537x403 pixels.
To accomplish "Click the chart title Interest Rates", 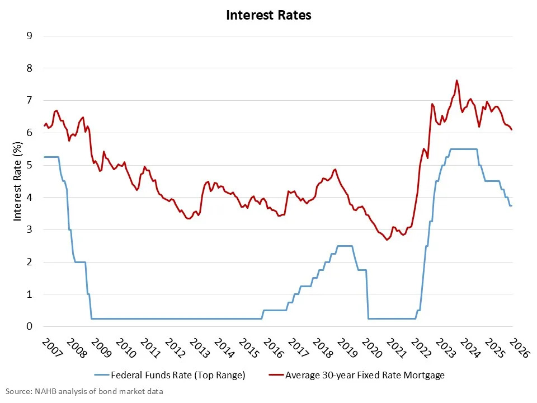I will click(x=268, y=15).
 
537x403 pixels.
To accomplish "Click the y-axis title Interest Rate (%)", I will click(x=18, y=181).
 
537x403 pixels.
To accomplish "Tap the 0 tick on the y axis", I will click(x=29, y=326).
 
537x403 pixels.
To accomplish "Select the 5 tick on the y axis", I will click(x=29, y=165).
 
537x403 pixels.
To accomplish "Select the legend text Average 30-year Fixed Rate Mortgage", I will click(x=365, y=375).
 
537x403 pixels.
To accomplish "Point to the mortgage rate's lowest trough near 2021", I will click(x=387, y=240).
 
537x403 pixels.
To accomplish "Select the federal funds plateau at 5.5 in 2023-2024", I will click(x=463, y=149).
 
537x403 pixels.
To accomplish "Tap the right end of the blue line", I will click(x=512, y=205).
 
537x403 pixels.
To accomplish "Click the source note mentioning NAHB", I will click(x=84, y=391).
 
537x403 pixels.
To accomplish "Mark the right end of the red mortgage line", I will click(x=512, y=129).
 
